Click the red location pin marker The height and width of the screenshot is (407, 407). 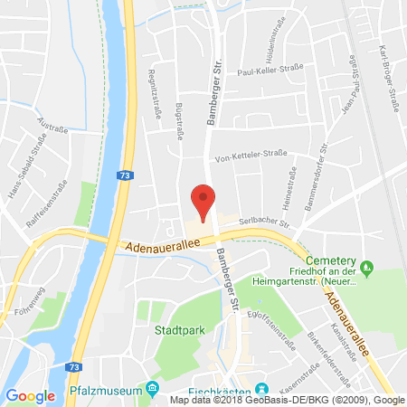[x=204, y=201]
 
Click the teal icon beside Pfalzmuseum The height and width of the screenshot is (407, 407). [x=153, y=389]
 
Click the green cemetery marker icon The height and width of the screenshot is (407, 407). [x=366, y=267]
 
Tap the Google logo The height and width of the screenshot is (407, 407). [x=31, y=395]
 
